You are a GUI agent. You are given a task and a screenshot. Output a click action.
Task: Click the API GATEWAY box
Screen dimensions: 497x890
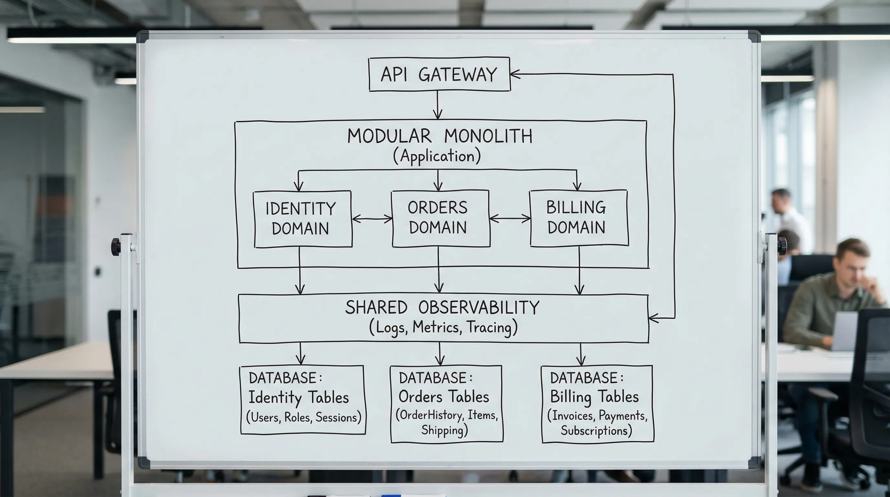[439, 74]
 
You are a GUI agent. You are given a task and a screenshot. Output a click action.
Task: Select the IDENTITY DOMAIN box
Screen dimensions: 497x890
[303, 219]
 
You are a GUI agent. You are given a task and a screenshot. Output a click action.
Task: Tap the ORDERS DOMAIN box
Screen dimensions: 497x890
[440, 218]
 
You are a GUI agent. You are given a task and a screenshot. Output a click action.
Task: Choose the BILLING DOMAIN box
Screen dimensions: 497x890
[579, 218]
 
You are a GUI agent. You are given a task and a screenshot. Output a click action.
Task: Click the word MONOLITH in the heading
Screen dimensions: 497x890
[488, 136]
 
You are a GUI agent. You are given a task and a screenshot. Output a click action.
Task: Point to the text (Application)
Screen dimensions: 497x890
[437, 156]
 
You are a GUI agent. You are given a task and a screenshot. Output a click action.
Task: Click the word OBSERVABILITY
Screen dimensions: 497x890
[479, 307]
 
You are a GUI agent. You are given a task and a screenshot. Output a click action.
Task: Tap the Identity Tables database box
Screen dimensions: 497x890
[303, 400]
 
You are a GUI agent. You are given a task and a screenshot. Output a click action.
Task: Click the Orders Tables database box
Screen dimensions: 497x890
[446, 404]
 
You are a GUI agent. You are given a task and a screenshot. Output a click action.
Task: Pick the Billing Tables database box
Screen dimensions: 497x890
[597, 404]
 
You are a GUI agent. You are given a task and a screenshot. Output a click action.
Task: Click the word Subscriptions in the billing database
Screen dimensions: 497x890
[596, 431]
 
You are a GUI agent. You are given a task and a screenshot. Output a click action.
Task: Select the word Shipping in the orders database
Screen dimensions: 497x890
[444, 430]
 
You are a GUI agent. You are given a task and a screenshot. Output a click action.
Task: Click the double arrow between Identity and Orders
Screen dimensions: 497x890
[372, 219]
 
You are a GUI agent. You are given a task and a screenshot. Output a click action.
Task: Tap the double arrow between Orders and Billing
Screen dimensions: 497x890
[510, 218]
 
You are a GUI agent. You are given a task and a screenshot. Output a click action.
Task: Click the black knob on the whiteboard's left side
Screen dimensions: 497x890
[116, 247]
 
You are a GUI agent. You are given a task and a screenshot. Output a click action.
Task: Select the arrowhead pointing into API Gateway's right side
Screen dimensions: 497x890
[516, 74]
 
